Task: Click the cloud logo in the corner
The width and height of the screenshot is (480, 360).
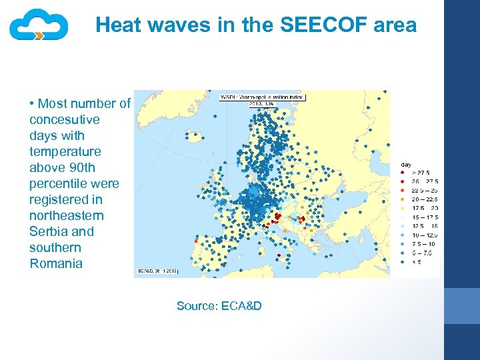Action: tap(39, 25)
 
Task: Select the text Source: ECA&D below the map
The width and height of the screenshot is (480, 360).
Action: tap(219, 306)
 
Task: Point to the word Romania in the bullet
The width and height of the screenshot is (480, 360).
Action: tap(56, 263)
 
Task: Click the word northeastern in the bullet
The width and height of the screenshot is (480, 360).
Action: tap(66, 215)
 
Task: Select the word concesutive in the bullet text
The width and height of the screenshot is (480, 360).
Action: tap(64, 119)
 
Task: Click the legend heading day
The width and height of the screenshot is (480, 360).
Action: tap(405, 163)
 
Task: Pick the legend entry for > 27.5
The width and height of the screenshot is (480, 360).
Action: tap(420, 173)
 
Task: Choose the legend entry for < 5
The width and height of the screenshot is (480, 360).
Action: tap(417, 261)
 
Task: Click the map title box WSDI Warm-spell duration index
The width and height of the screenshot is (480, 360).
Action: tap(262, 99)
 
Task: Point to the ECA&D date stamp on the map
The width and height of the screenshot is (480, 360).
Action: tap(158, 271)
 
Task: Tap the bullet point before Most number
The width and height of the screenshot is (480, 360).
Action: tap(32, 104)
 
